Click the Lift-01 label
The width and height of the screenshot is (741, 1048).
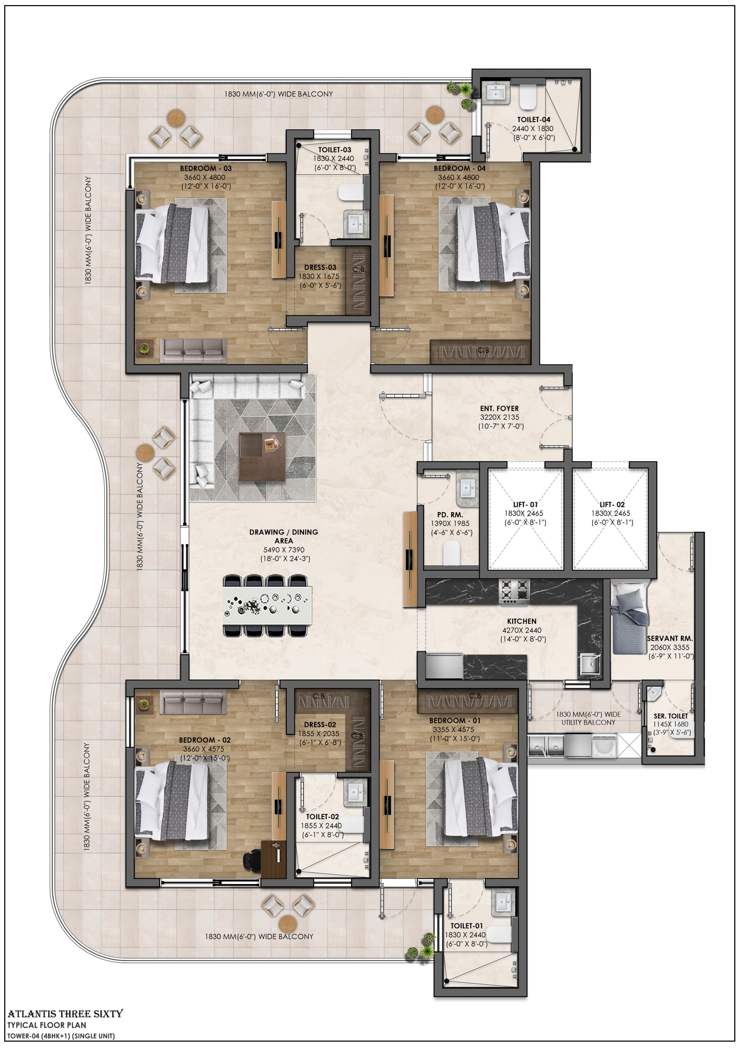[x=525, y=504]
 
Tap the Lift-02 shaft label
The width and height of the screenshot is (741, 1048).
[x=612, y=504]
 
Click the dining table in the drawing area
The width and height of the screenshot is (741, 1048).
[x=267, y=605]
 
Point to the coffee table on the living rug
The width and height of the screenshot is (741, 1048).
[x=262, y=457]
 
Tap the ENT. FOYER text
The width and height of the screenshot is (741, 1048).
[x=499, y=408]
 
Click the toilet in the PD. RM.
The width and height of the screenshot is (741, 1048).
[x=451, y=553]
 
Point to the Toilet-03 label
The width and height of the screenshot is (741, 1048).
[x=334, y=150]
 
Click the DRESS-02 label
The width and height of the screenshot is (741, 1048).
[x=320, y=724]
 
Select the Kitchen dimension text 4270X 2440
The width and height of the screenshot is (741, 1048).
[x=521, y=630]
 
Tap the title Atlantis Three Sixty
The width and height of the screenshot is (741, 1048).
[x=65, y=1014]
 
